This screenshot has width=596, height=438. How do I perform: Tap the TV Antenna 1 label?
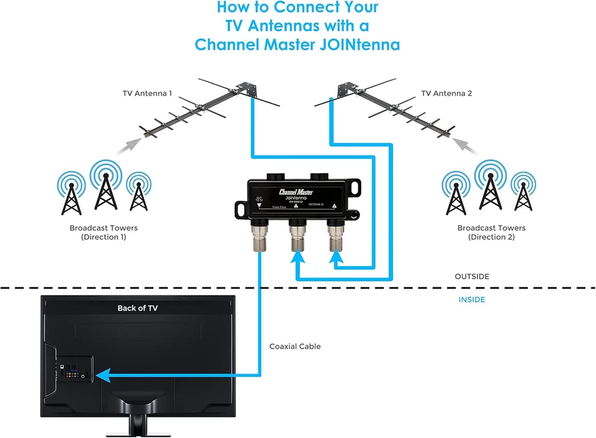pyautogui.click(x=147, y=94)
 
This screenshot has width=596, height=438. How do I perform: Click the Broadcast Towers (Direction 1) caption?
pyautogui.click(x=104, y=232)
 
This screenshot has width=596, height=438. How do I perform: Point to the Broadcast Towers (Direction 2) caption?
pyautogui.click(x=491, y=232)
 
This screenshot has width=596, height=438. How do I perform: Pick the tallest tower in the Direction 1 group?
pyautogui.click(x=106, y=186)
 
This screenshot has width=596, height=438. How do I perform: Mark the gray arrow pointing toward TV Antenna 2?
pyautogui.click(x=466, y=147)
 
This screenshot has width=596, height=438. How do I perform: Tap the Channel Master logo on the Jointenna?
pyautogui.click(x=296, y=192)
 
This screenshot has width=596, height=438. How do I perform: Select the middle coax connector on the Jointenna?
pyautogui.click(x=297, y=236)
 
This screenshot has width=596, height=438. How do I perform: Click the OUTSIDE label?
pyautogui.click(x=472, y=276)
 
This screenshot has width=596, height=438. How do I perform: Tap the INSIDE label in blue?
pyautogui.click(x=472, y=300)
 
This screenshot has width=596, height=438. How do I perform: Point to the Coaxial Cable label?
pyautogui.click(x=295, y=347)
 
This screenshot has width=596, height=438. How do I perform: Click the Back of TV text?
pyautogui.click(x=138, y=308)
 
